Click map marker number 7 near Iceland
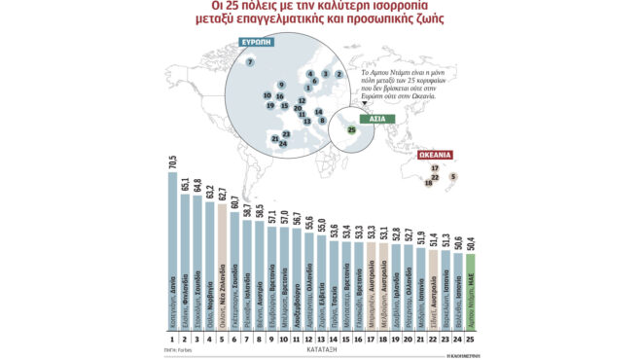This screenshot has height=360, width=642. [x=250, y=62]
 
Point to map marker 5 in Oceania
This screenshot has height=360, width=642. [x=452, y=177]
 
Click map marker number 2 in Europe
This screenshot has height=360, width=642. [x=338, y=74]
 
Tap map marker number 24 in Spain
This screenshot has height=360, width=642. [x=283, y=143]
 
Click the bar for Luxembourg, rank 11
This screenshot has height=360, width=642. [x=296, y=277]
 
